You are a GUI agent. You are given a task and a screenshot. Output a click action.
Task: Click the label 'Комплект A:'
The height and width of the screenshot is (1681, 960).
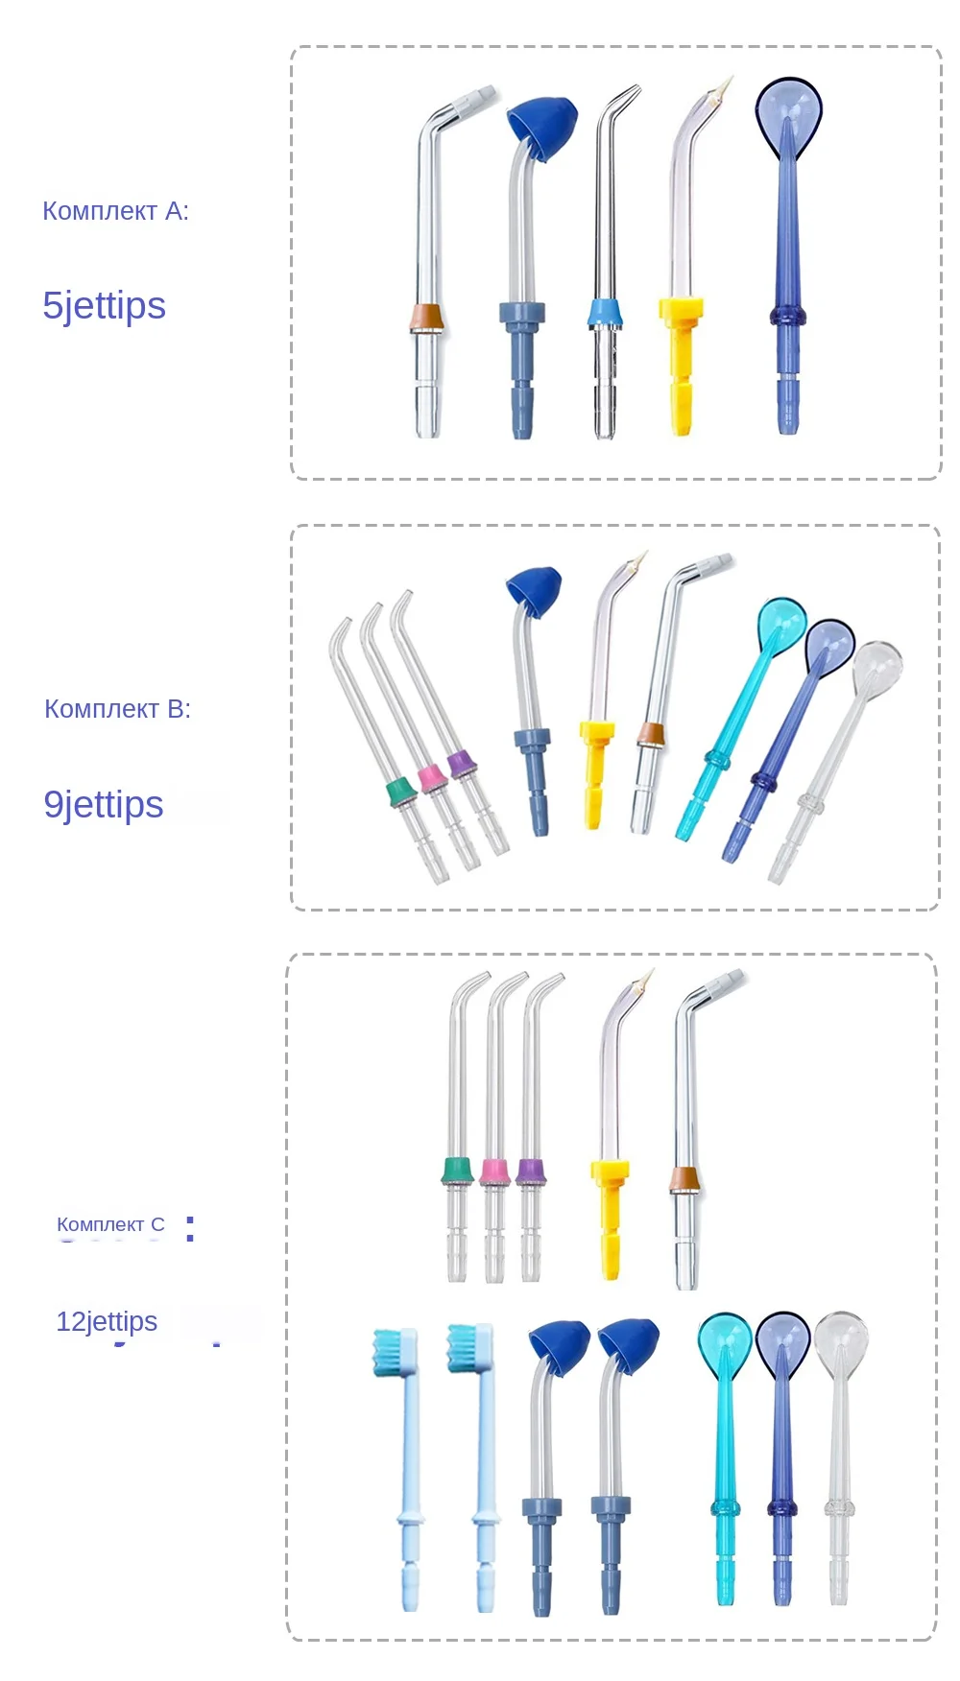(x=115, y=211)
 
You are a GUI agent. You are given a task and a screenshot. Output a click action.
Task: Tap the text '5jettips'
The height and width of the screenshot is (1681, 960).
(x=104, y=305)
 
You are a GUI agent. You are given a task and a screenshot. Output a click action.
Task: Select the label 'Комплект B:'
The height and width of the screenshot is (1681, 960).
(x=117, y=709)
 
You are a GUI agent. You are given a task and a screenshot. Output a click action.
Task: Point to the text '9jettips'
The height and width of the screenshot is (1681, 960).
(x=104, y=804)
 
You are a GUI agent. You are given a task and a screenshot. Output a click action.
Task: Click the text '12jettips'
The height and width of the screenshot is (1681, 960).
(x=107, y=1321)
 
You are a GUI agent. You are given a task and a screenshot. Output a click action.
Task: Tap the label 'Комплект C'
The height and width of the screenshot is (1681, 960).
(x=110, y=1224)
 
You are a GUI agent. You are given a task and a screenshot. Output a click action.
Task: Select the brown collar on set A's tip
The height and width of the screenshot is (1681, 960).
(x=426, y=318)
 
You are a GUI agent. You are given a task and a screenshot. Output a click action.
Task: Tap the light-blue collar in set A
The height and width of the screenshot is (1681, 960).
(x=604, y=312)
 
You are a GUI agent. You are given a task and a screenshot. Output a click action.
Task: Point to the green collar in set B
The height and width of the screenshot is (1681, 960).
(x=399, y=792)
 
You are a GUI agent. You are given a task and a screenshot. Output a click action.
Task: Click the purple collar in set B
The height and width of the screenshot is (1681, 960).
(x=463, y=764)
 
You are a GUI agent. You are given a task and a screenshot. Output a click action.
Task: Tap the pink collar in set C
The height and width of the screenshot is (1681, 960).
(x=494, y=1172)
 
